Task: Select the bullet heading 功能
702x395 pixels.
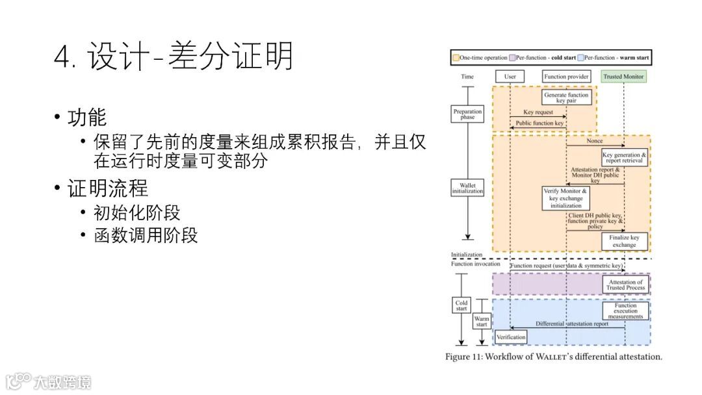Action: click(x=87, y=118)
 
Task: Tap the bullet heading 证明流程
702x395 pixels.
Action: click(x=108, y=188)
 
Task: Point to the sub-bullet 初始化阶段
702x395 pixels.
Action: click(x=137, y=212)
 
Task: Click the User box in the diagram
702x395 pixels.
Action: click(x=510, y=77)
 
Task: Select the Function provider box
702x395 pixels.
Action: click(x=566, y=77)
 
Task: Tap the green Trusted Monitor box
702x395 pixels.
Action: click(x=623, y=77)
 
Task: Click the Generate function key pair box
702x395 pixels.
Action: click(x=566, y=98)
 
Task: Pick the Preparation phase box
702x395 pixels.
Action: click(x=467, y=114)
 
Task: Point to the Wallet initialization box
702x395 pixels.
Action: click(x=467, y=188)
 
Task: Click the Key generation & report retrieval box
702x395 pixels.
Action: click(x=625, y=157)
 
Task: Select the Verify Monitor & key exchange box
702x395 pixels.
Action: click(x=566, y=198)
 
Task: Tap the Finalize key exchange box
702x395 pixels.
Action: click(x=624, y=241)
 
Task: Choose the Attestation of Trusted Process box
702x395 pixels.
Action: click(x=625, y=285)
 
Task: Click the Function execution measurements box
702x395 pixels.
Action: click(x=625, y=311)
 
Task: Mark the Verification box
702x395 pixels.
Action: click(x=511, y=337)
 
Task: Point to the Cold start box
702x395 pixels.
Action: click(x=461, y=305)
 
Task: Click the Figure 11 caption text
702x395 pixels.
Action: click(x=553, y=357)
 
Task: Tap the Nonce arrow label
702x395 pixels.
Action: click(x=594, y=141)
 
